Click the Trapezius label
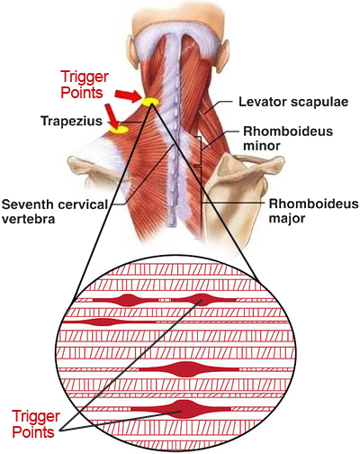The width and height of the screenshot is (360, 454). (71, 121)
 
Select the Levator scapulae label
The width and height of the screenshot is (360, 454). (293, 102)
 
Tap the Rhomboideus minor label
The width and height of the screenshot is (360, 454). (288, 139)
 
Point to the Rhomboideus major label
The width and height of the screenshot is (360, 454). (313, 211)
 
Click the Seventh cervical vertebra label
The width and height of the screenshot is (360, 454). (55, 212)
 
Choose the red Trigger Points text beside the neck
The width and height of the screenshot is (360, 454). (85, 85)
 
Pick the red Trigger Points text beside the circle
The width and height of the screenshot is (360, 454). (36, 424)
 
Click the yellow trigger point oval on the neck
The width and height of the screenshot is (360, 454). (149, 102)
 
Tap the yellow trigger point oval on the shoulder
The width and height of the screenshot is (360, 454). (119, 130)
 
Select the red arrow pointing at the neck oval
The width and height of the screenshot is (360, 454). (128, 96)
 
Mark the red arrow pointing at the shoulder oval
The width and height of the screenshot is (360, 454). (111, 115)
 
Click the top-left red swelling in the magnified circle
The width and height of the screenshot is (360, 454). (129, 300)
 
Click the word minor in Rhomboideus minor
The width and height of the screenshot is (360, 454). (262, 146)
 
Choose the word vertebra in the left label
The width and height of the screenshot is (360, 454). (29, 219)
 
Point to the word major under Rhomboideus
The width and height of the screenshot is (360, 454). (287, 218)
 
